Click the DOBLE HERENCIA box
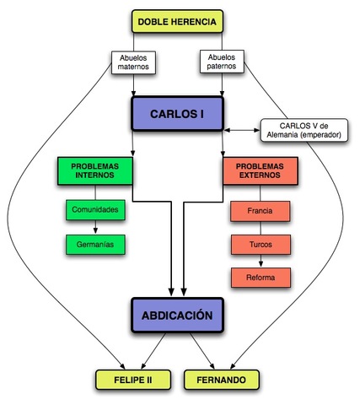(177, 21)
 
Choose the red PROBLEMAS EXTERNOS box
(262, 171)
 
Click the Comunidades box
(94, 208)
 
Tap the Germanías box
(94, 245)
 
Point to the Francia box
(261, 208)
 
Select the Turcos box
(261, 244)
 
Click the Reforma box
(261, 277)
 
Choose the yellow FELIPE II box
(135, 381)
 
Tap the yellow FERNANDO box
(222, 381)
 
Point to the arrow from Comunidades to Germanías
(94, 226)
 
